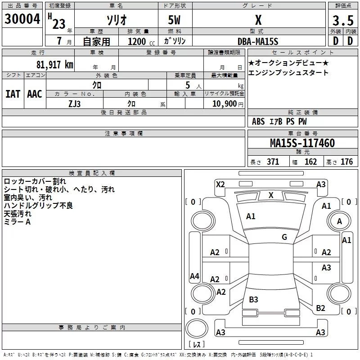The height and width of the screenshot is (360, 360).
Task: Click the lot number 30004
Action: (x=22, y=20)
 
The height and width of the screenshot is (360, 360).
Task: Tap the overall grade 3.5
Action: (x=343, y=21)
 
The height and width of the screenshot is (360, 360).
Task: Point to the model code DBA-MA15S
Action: (x=258, y=41)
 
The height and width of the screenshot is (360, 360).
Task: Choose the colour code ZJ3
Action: (x=75, y=103)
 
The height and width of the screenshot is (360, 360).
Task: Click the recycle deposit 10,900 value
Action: (x=224, y=103)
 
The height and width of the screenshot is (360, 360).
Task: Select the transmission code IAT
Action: (x=13, y=94)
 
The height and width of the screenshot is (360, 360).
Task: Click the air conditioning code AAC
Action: (x=35, y=94)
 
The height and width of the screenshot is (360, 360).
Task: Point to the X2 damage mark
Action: (x=220, y=184)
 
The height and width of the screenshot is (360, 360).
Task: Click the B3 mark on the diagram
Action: (x=253, y=299)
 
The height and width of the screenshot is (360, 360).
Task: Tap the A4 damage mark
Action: (x=194, y=276)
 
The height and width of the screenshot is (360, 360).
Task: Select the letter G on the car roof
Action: (x=284, y=237)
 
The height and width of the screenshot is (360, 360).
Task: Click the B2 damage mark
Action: (x=320, y=308)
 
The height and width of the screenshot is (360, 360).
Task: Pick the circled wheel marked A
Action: (x=339, y=221)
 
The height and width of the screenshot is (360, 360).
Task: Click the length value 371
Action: (x=273, y=162)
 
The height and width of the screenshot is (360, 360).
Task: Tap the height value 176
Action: (x=346, y=162)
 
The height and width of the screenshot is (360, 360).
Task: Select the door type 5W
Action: (x=175, y=21)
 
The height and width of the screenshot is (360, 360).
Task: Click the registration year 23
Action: (x=59, y=24)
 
